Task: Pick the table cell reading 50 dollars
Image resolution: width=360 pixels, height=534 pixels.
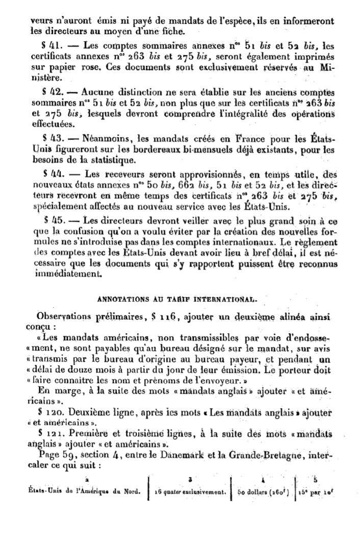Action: (x=262, y=491)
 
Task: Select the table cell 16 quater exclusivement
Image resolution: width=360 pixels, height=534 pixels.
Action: (x=189, y=491)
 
